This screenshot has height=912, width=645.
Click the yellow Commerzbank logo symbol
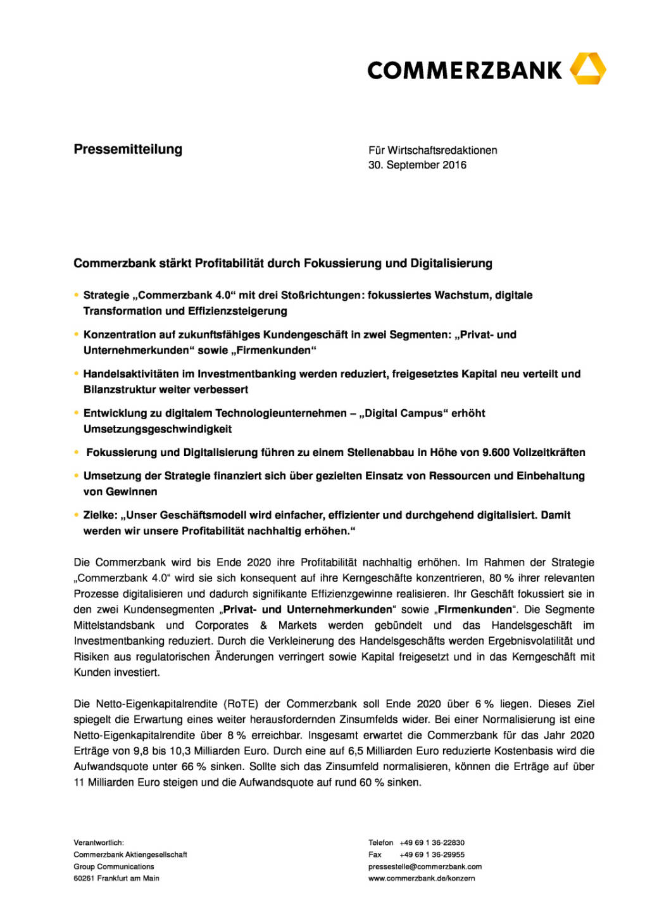[x=587, y=69]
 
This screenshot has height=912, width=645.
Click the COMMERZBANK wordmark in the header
[x=464, y=70]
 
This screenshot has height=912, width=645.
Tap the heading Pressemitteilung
[x=128, y=149]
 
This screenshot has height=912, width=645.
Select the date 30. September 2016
[x=417, y=165]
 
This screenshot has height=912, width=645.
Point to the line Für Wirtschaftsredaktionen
[x=432, y=151]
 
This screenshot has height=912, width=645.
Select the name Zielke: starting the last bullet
[x=100, y=516]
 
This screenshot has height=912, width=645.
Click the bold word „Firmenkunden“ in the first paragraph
[x=475, y=610]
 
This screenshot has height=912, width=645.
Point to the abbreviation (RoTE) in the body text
[x=241, y=704]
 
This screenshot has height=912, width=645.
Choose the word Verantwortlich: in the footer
[x=99, y=843]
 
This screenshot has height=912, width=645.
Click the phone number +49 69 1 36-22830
[x=432, y=843]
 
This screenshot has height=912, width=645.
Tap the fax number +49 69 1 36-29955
[x=432, y=855]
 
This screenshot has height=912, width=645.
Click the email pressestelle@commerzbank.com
[x=425, y=867]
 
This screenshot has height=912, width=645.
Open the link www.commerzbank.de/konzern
[x=422, y=878]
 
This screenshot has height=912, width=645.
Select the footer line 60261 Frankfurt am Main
[x=116, y=878]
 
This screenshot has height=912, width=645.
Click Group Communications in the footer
[x=114, y=867]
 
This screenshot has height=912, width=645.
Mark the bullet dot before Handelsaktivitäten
[x=77, y=374]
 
